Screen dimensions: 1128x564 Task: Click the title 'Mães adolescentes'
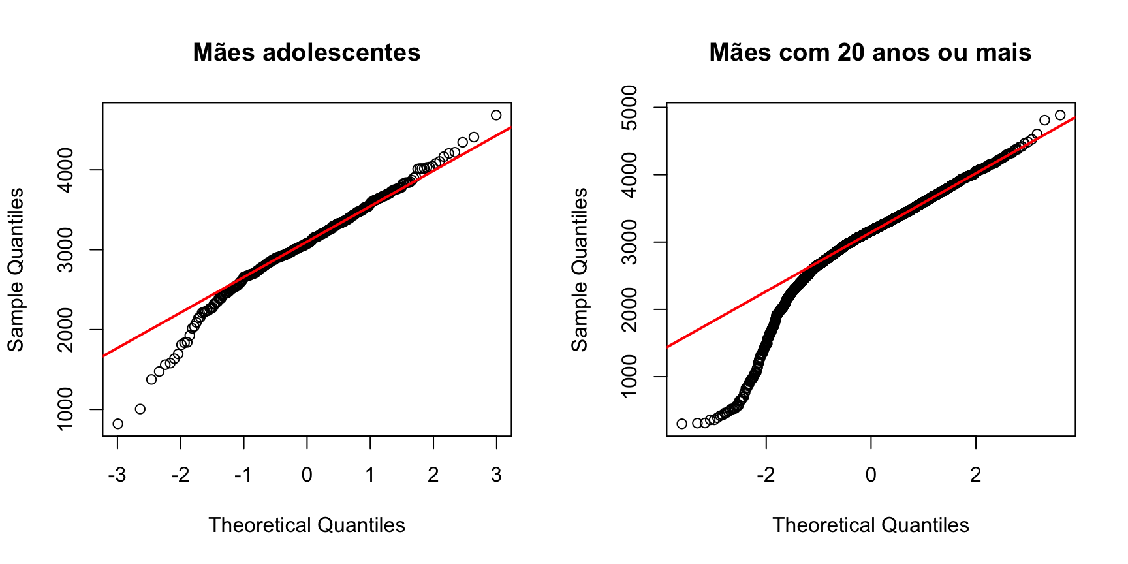[307, 52]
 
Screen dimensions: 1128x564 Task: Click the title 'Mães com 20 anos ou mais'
[870, 52]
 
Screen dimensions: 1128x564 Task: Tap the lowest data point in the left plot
[117, 424]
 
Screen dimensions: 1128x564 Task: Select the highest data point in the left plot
[496, 115]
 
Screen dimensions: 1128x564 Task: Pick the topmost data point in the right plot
[1060, 115]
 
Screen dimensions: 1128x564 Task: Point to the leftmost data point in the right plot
[682, 424]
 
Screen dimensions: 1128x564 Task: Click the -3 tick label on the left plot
[117, 475]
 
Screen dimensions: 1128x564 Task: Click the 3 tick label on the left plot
[497, 475]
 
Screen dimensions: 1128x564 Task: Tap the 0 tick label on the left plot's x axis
[307, 475]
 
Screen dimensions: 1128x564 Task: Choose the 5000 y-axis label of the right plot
[630, 107]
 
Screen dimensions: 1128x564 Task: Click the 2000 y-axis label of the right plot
[630, 309]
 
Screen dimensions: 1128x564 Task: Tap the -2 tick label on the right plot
[766, 475]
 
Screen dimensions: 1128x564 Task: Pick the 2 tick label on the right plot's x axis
[976, 475]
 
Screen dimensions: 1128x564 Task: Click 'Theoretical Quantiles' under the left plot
[307, 525]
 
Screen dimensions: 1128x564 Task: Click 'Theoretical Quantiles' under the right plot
[871, 525]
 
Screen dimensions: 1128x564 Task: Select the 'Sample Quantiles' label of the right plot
[580, 270]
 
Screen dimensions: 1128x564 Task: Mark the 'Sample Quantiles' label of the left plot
[16, 270]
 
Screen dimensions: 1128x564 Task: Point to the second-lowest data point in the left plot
[140, 409]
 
